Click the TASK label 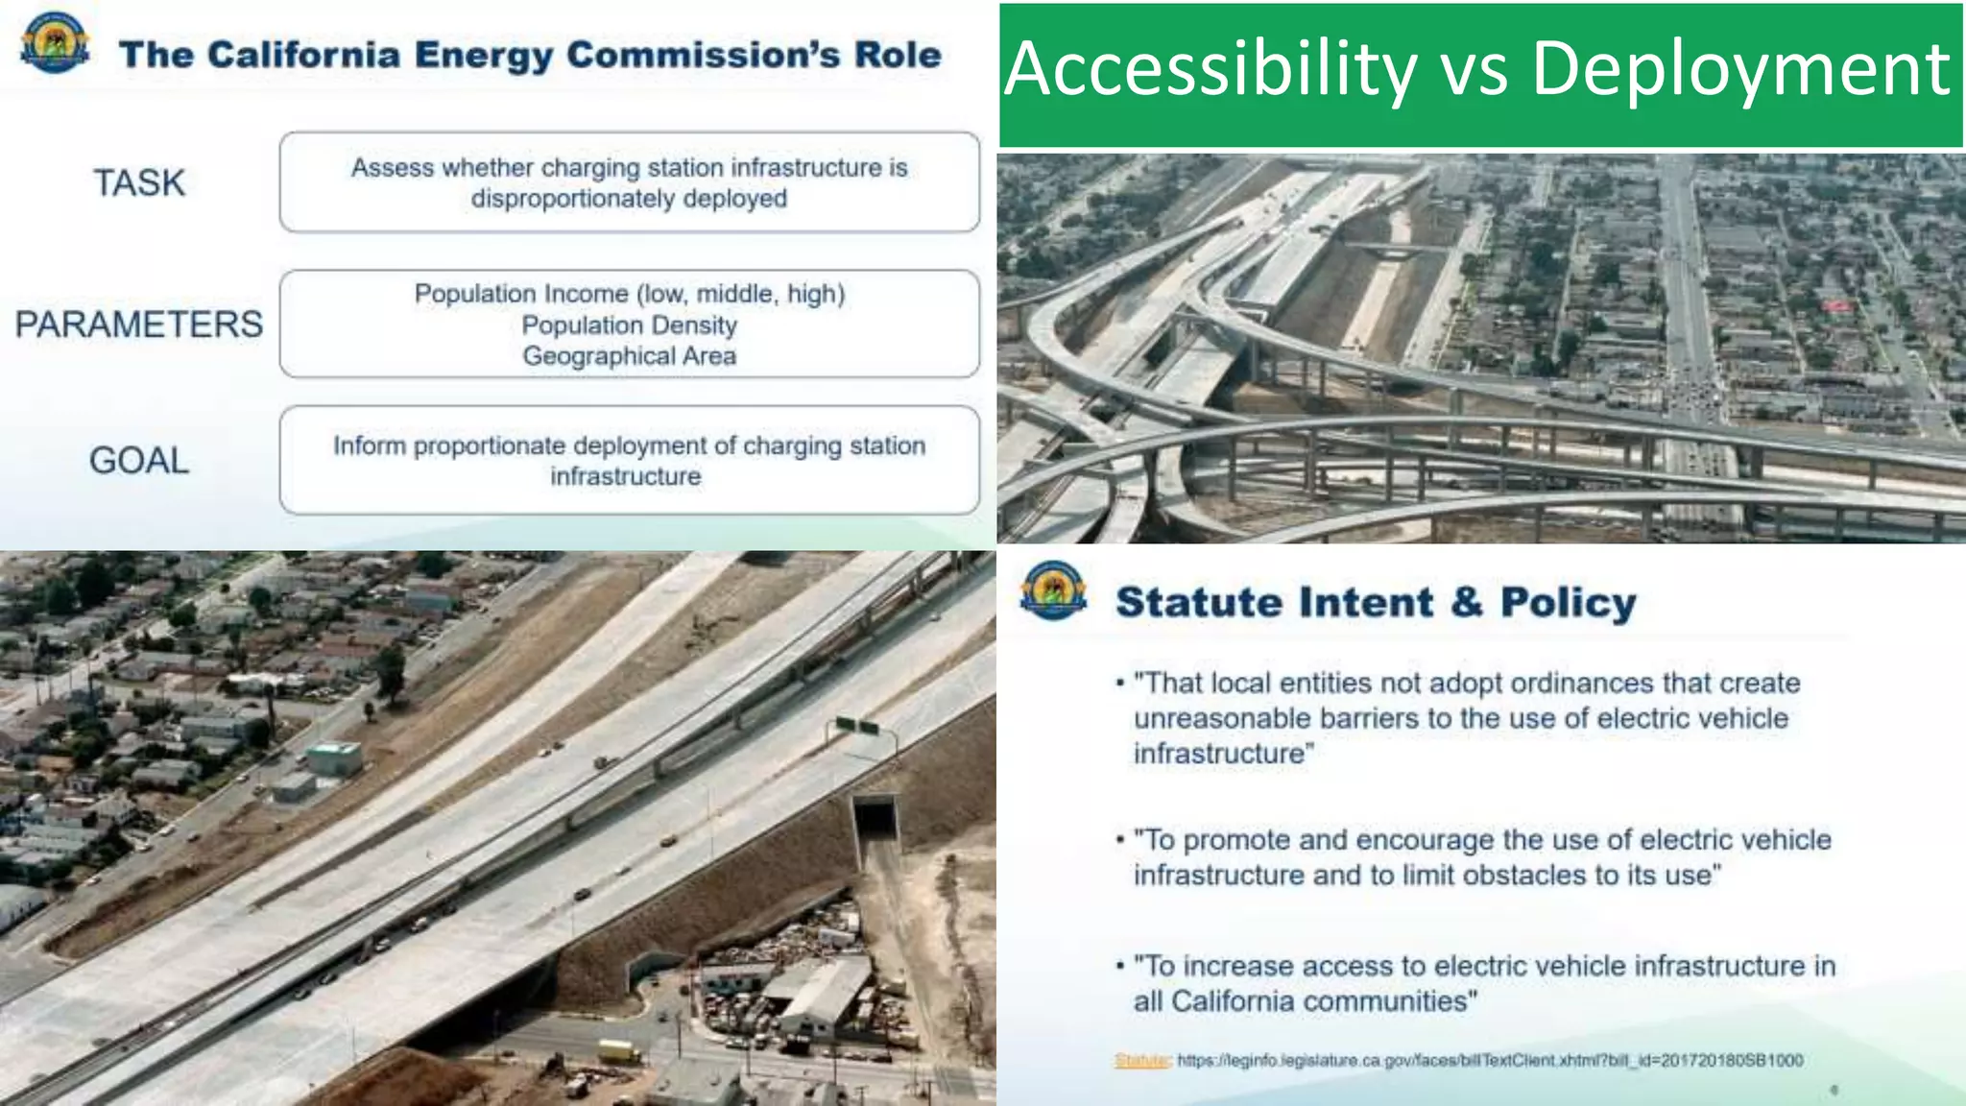click(x=139, y=182)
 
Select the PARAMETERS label click(x=138, y=325)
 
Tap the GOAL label click(x=139, y=461)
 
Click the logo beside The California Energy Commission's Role click(x=55, y=44)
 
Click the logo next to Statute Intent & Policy click(x=1054, y=590)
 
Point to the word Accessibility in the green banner click(x=1211, y=70)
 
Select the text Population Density click(x=629, y=325)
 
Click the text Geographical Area click(x=629, y=356)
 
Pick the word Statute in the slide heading click(x=1200, y=603)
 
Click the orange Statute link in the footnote click(x=1140, y=1060)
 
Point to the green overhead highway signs click(x=857, y=726)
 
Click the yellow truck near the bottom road click(x=617, y=1050)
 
